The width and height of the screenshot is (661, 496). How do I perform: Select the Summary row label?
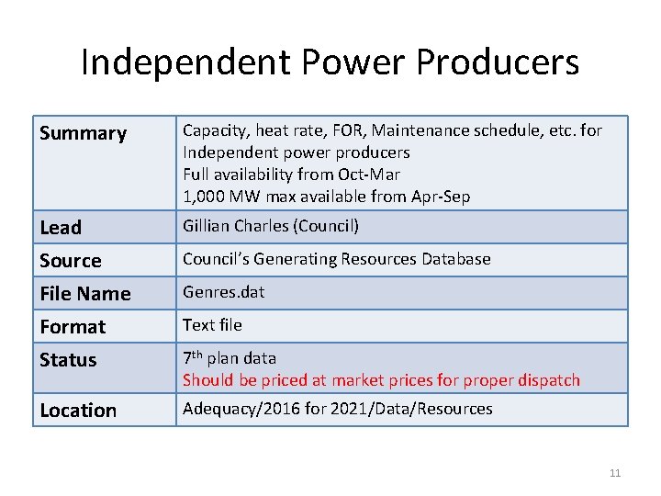point(83,133)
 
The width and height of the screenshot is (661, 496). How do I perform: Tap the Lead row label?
point(61,227)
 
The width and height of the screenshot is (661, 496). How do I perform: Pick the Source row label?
point(70,260)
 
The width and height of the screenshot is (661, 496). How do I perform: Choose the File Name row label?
point(84,293)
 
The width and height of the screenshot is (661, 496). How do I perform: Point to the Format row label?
point(73,326)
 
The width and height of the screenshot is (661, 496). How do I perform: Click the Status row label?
point(68,359)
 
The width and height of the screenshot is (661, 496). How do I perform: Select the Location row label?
point(78,411)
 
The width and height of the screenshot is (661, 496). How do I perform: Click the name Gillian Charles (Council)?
point(271,226)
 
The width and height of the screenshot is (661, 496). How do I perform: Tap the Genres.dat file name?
point(223,292)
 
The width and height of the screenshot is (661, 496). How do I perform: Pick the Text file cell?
point(212,325)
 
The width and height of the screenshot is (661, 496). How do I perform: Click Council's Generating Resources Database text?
point(336,259)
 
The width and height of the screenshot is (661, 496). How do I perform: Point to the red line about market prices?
point(381,379)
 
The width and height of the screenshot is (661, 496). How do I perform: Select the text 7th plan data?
point(230,358)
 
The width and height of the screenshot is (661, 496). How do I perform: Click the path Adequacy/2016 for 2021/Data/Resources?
point(337,409)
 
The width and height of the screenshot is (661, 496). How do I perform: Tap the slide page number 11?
point(614,473)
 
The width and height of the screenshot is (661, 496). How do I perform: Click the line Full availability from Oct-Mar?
point(291,174)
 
